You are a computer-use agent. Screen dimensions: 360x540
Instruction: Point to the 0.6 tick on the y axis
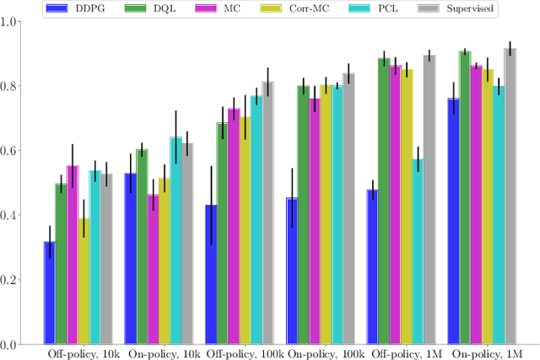[x=12, y=151]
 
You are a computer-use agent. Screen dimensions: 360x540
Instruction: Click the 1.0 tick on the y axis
[x=12, y=21]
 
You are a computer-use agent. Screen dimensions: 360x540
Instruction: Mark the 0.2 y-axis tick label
[x=12, y=280]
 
